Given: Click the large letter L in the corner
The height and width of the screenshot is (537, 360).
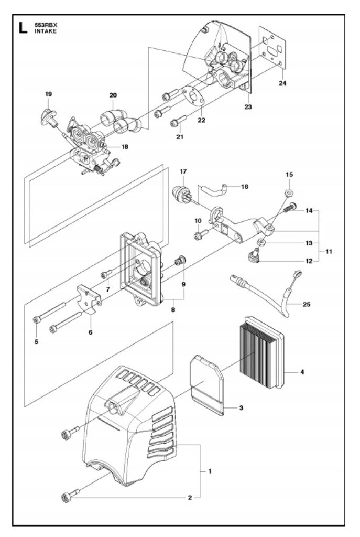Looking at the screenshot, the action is (23, 28).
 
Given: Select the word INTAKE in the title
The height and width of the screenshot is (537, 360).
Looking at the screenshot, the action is (46, 31).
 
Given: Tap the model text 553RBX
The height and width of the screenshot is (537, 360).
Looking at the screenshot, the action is (46, 25).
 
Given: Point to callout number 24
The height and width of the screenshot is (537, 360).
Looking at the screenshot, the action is (282, 83).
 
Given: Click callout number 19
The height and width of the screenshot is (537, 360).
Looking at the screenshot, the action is (48, 94).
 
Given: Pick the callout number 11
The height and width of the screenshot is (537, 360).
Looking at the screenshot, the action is (329, 251).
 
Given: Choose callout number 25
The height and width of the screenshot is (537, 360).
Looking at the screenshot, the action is (307, 304).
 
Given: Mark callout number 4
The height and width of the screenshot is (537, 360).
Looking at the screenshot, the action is (302, 372).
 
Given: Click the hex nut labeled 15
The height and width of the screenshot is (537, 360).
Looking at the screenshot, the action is (289, 194).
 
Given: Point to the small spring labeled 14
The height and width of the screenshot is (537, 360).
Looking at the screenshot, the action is (289, 208).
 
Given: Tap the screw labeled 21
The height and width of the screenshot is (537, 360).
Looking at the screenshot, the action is (178, 121).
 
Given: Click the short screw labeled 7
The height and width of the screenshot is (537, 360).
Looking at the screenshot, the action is (106, 274).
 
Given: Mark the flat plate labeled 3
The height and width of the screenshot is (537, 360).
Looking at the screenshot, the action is (206, 384).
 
